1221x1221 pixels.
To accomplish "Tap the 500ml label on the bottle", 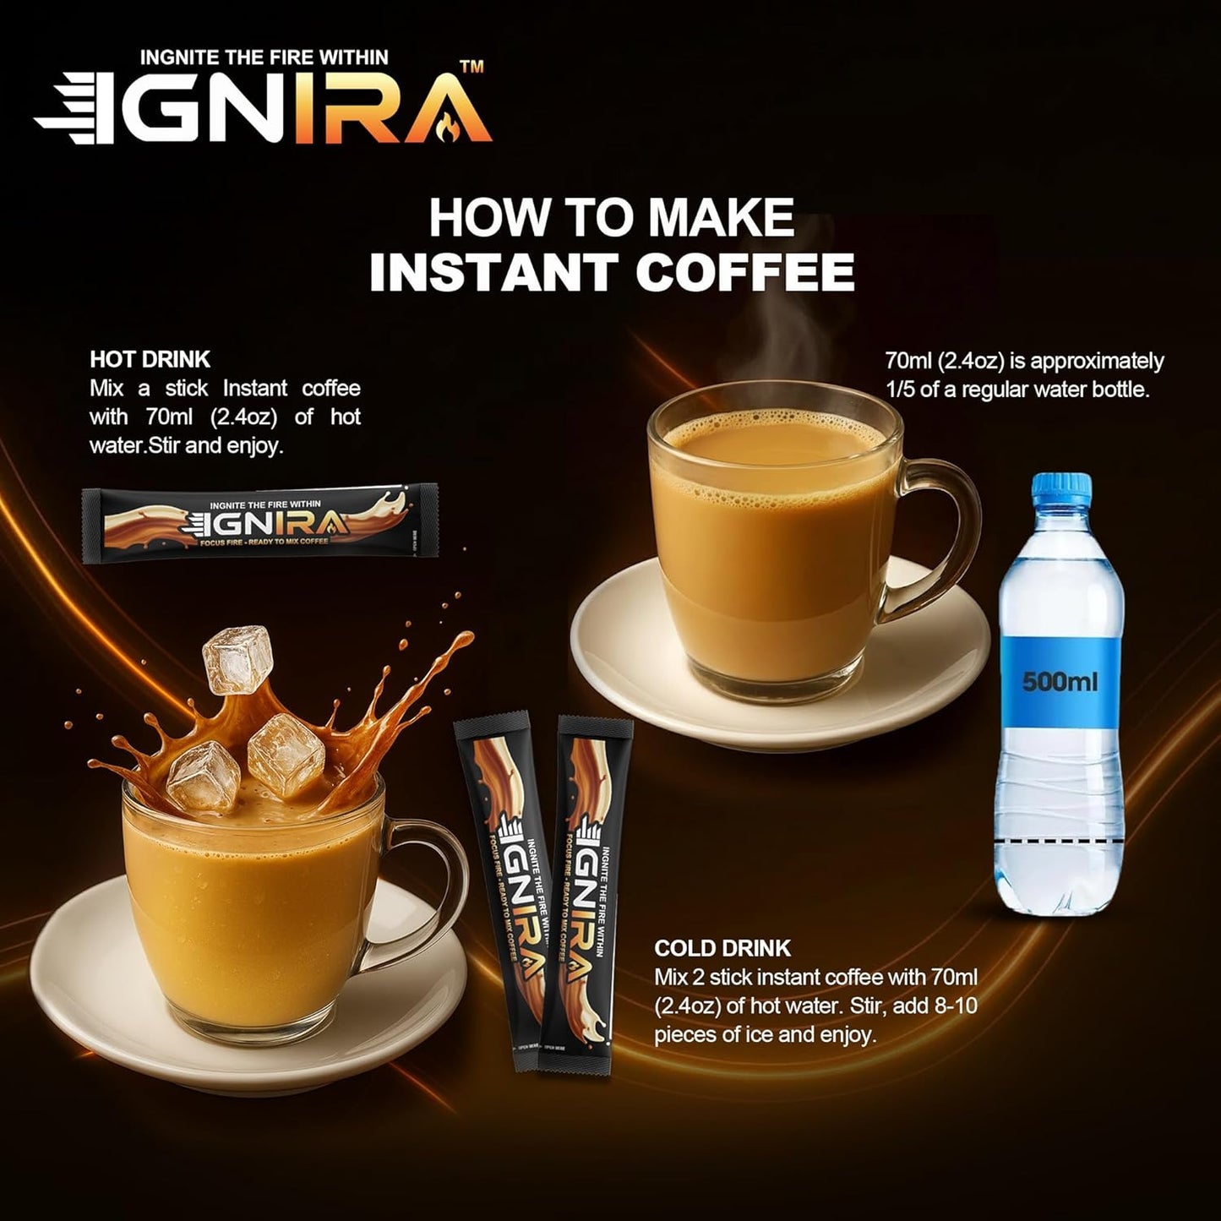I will click(x=1060, y=681).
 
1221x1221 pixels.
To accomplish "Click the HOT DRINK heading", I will click(x=150, y=360).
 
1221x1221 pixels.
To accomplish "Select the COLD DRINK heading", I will click(x=722, y=948).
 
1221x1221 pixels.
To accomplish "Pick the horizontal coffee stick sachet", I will click(x=259, y=524).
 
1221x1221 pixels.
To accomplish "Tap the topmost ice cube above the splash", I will click(x=237, y=658).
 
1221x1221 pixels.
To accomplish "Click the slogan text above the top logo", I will click(x=264, y=57).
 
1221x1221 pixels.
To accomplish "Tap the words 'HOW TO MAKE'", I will click(x=611, y=217).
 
